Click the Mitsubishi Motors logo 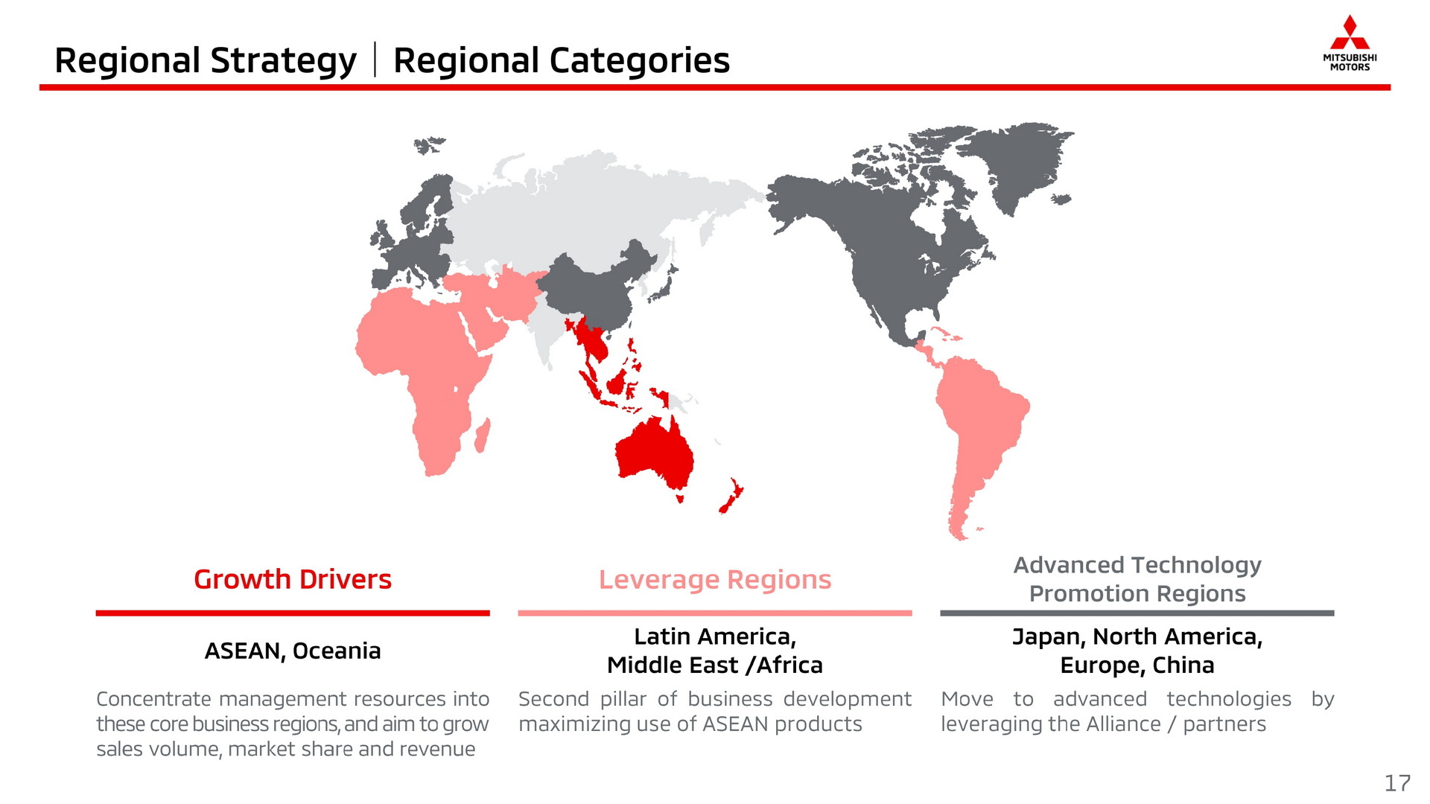(x=1350, y=42)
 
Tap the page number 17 (x=1397, y=783)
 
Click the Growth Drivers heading (x=293, y=579)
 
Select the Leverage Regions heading (x=715, y=580)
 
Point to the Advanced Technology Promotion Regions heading (x=1137, y=579)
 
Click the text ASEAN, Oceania (x=293, y=651)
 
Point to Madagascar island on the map (x=483, y=435)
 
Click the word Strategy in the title (x=284, y=61)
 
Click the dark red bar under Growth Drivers (x=293, y=613)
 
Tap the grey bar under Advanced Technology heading (x=1137, y=613)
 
